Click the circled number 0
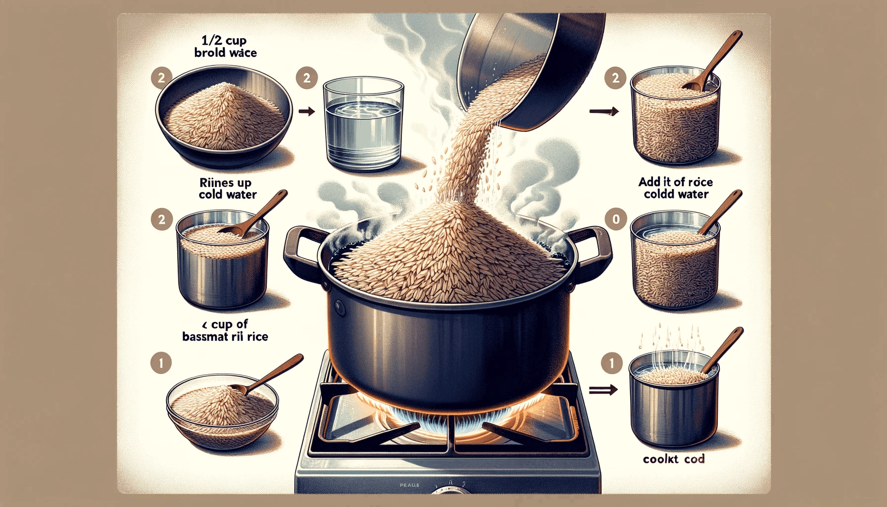(x=616, y=219)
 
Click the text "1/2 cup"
(x=224, y=40)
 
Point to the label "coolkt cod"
(x=674, y=459)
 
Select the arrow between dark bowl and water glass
(x=307, y=111)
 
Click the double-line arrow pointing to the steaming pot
(x=603, y=390)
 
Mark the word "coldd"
(x=658, y=194)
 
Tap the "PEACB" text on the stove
(x=409, y=485)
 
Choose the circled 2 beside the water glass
(x=307, y=78)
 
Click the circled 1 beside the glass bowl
(x=161, y=363)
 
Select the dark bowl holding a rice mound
(x=224, y=119)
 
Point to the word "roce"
(x=700, y=182)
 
